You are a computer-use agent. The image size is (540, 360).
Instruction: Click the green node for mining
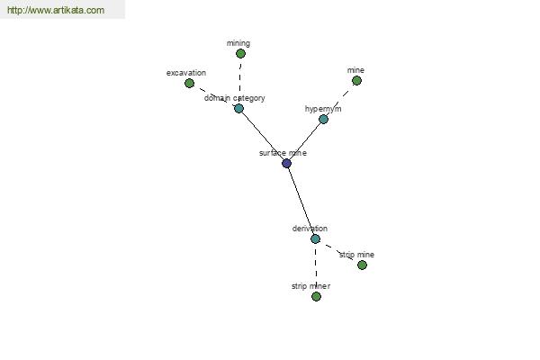pyautogui.click(x=240, y=53)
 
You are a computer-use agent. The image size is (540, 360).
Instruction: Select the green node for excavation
pyautogui.click(x=189, y=83)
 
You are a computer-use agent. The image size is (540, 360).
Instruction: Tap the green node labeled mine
pyautogui.click(x=356, y=81)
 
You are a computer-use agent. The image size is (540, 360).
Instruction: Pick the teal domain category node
pyautogui.click(x=238, y=109)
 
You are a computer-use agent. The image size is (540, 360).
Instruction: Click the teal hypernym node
pyautogui.click(x=323, y=119)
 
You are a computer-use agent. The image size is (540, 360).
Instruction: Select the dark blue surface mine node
pyautogui.click(x=286, y=163)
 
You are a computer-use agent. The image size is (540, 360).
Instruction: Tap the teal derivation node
pyautogui.click(x=315, y=238)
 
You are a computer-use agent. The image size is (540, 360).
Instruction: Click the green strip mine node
pyautogui.click(x=362, y=265)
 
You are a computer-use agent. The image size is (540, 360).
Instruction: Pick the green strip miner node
pyautogui.click(x=316, y=296)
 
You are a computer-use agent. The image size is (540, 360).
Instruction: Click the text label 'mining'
pyautogui.click(x=238, y=43)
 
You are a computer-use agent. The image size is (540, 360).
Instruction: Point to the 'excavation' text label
pyautogui.click(x=186, y=73)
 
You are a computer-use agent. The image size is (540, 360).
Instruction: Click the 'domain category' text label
pyautogui.click(x=235, y=98)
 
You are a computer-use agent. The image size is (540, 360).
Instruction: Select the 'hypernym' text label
pyautogui.click(x=323, y=109)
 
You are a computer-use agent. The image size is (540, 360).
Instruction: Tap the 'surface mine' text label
pyautogui.click(x=283, y=153)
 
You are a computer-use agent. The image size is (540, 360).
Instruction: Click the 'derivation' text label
pyautogui.click(x=310, y=229)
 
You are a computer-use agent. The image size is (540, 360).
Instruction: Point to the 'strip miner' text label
pyautogui.click(x=310, y=286)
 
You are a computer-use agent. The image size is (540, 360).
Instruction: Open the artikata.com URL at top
pyautogui.click(x=56, y=10)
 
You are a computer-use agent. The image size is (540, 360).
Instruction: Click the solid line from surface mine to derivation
pyautogui.click(x=301, y=202)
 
